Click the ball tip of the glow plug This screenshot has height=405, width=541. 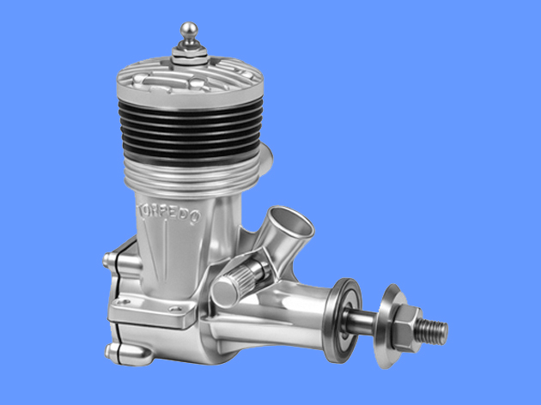point(189,30)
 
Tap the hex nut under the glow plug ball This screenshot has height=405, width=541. point(190,52)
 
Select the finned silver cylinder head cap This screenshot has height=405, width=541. point(190,82)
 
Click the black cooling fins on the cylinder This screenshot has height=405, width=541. point(191,132)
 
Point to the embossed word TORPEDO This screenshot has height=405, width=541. point(169,214)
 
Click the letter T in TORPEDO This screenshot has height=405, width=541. point(142,209)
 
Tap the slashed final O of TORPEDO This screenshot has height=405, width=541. point(195,217)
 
